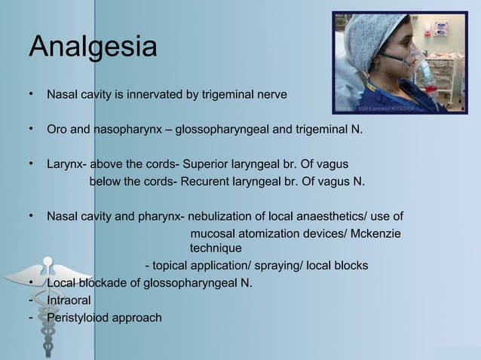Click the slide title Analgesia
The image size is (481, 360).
[92, 47]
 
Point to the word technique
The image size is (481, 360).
[216, 248]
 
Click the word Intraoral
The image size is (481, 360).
[69, 301]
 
